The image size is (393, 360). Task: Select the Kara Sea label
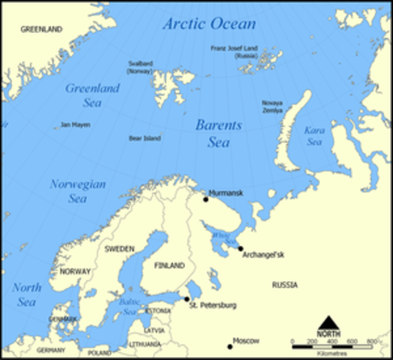tap(313, 136)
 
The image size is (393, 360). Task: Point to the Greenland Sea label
tap(92, 95)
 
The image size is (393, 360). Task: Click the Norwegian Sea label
tap(78, 191)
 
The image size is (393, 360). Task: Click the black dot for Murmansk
tap(205, 199)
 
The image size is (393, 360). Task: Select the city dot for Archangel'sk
tap(241, 248)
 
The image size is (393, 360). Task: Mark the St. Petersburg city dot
tap(187, 298)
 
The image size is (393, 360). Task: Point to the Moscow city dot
tap(230, 346)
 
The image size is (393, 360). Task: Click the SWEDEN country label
tap(119, 248)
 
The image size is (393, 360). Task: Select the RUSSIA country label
tap(284, 285)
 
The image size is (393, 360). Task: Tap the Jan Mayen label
tap(76, 124)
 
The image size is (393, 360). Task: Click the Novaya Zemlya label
tap(272, 106)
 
